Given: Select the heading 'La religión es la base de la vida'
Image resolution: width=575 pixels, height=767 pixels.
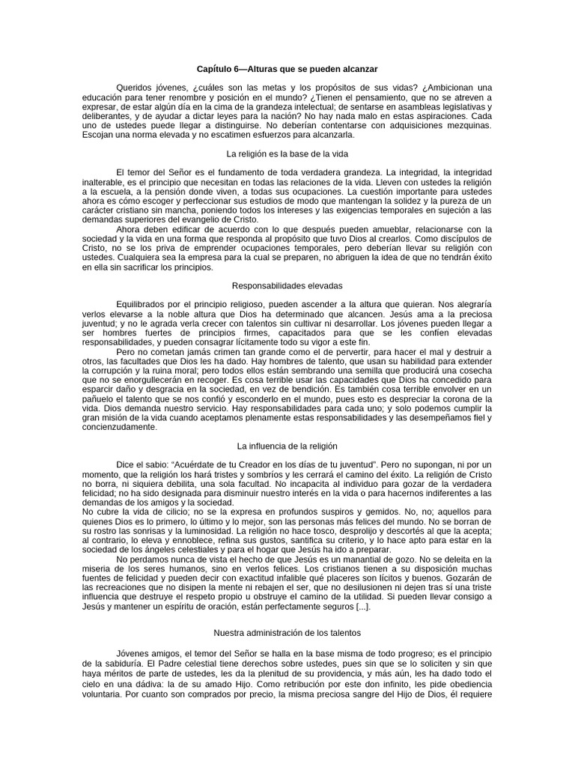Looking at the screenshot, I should tap(287, 153).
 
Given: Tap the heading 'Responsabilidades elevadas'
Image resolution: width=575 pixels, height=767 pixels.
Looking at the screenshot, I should tap(287, 285).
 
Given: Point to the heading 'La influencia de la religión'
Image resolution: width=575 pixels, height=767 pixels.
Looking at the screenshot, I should tap(287, 446).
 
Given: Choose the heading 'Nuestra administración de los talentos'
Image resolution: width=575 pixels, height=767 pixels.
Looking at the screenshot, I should tap(287, 634).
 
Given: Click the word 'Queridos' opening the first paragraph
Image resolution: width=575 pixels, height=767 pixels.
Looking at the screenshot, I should tap(134, 88).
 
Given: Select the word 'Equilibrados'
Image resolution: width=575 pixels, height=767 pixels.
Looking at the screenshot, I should tap(143, 305).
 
